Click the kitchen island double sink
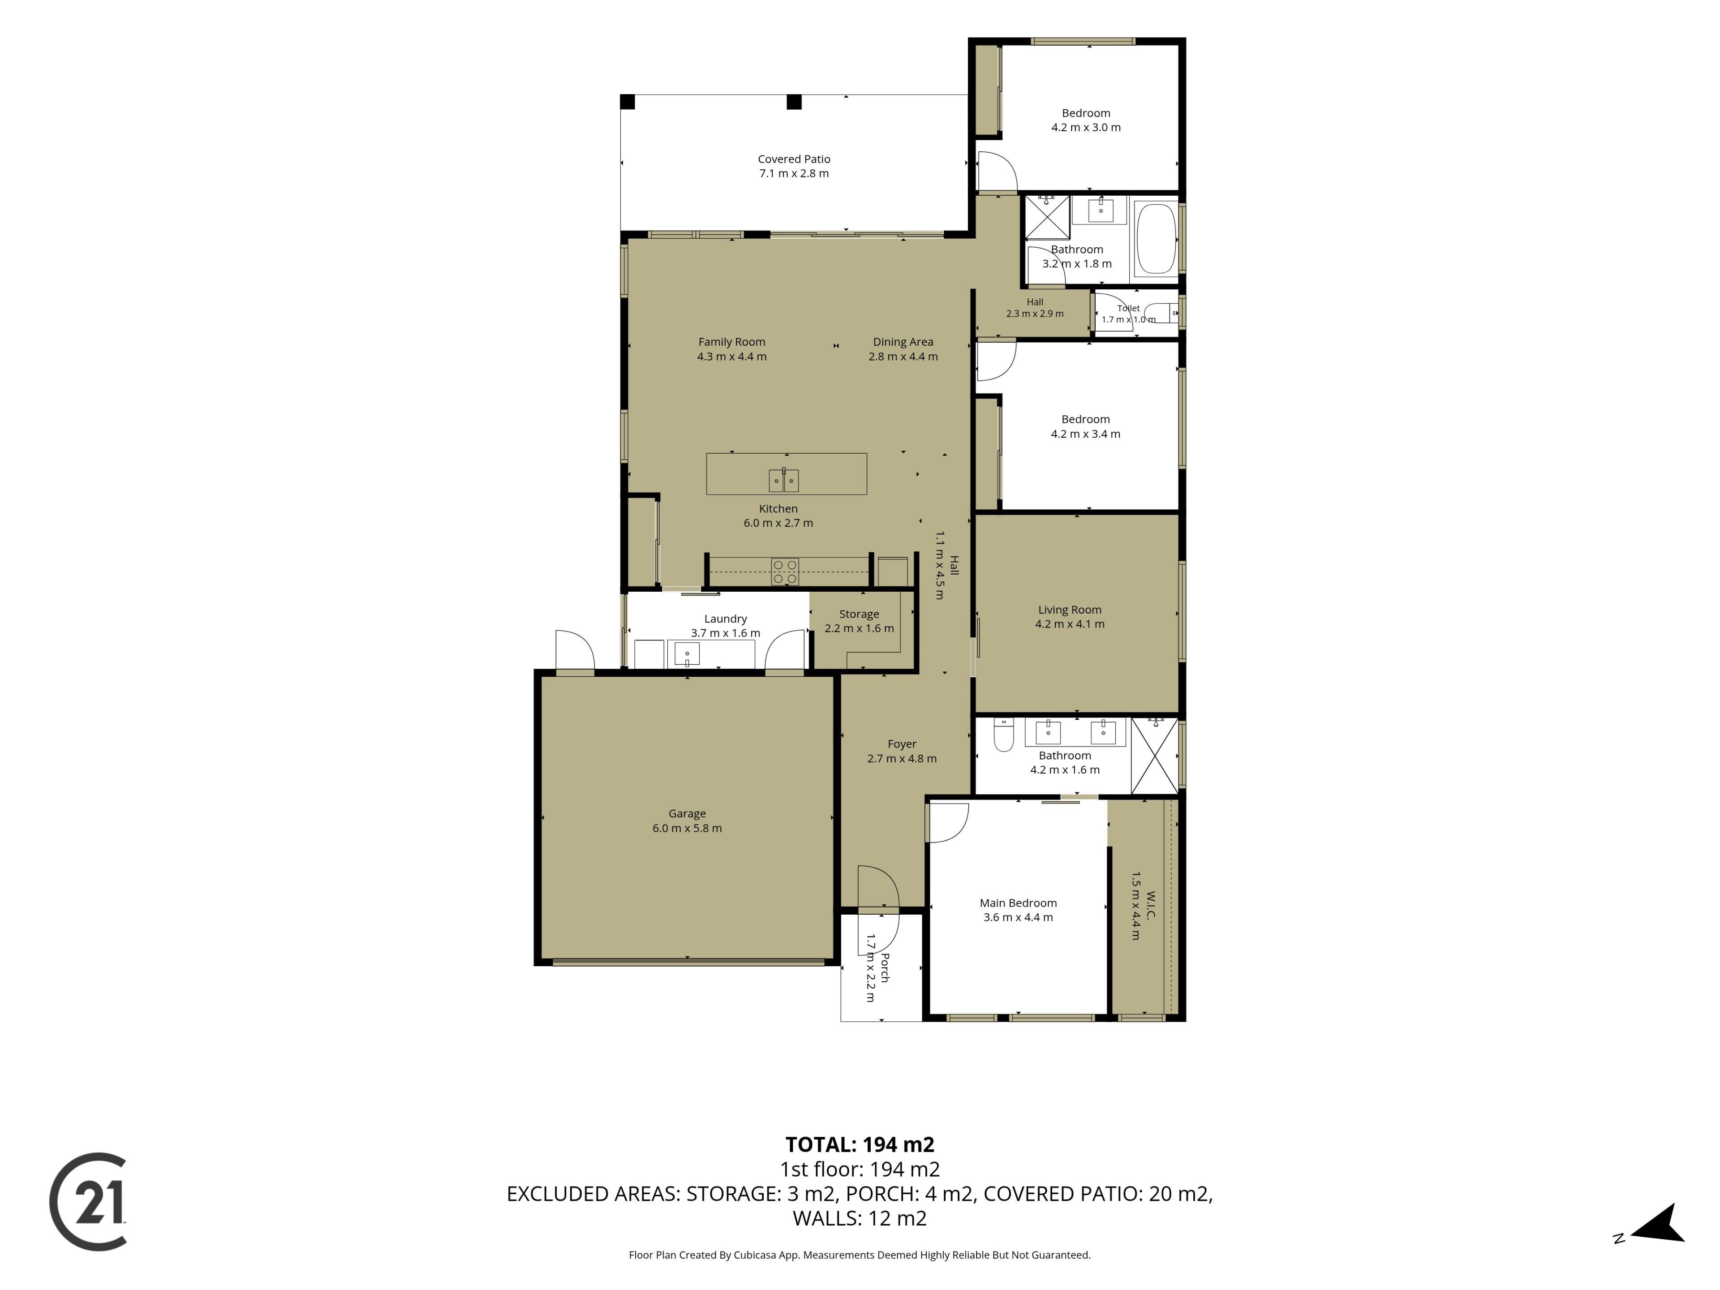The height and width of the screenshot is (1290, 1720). pyautogui.click(x=784, y=481)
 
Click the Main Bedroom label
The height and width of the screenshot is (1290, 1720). pyautogui.click(x=1018, y=903)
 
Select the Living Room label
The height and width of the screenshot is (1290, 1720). pyautogui.click(x=1069, y=610)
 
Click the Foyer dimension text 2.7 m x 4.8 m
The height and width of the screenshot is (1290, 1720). pyautogui.click(x=902, y=759)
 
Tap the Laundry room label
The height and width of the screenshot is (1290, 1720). pyautogui.click(x=726, y=619)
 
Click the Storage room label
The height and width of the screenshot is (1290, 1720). pyautogui.click(x=859, y=614)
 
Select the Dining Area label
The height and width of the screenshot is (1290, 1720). pyautogui.click(x=903, y=342)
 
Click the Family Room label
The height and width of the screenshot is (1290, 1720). pyautogui.click(x=732, y=342)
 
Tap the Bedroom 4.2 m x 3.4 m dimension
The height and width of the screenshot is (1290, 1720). pyautogui.click(x=1085, y=434)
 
